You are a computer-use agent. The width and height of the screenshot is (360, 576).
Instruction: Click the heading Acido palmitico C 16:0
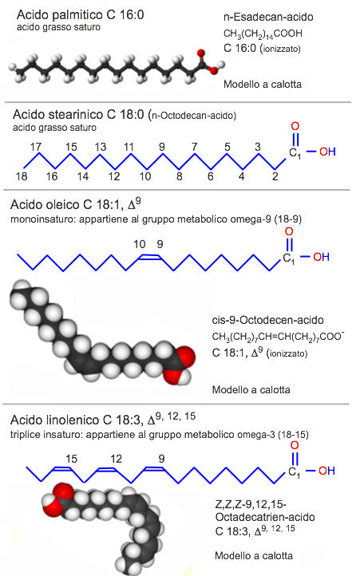click(x=80, y=14)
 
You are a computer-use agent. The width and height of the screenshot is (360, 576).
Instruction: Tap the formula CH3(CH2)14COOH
click(x=263, y=34)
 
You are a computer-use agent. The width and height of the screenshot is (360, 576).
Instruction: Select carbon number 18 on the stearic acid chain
click(x=22, y=176)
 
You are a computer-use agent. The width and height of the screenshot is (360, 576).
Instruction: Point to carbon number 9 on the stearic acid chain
click(x=162, y=147)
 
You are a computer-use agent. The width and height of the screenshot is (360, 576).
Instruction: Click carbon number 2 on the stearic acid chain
click(x=275, y=176)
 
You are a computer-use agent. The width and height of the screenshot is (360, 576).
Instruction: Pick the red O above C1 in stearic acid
click(x=295, y=126)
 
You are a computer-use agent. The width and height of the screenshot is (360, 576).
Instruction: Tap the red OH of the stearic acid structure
click(x=327, y=152)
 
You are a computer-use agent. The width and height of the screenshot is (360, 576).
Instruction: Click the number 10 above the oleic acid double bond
click(x=140, y=244)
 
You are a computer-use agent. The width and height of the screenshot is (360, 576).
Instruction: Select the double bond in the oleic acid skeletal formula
click(x=149, y=257)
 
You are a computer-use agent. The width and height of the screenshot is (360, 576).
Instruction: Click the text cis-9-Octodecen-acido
click(x=267, y=320)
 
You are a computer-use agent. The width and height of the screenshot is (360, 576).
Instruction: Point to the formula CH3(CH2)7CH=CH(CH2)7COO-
click(x=278, y=337)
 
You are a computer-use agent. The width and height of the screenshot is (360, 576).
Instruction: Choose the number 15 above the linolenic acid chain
click(x=71, y=459)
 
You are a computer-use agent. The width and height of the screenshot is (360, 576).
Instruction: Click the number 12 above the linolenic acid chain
click(x=116, y=459)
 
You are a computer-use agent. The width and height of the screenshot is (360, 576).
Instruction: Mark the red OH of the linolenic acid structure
click(x=326, y=471)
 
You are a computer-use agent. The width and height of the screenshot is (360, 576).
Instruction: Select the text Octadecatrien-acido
click(x=265, y=517)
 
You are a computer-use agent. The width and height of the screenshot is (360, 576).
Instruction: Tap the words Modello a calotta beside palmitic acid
click(x=263, y=85)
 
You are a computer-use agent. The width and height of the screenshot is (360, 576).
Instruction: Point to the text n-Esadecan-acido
click(x=268, y=17)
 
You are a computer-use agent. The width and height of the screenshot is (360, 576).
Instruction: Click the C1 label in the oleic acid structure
click(x=289, y=258)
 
